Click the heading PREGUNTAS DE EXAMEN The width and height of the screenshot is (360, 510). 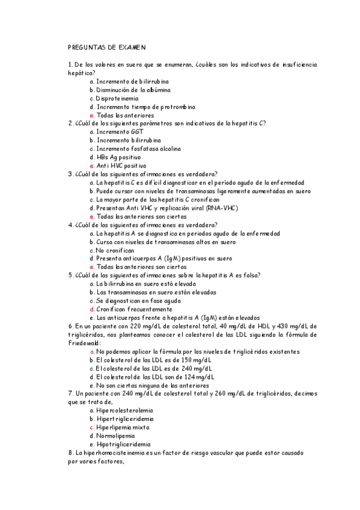click(107, 46)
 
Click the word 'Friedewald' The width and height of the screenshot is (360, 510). click(84, 343)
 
